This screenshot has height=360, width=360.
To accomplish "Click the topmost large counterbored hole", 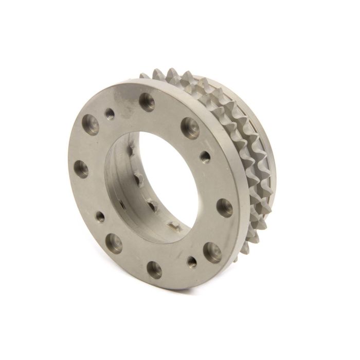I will coord(147,102).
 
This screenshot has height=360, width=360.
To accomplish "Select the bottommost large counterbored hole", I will coord(154,269).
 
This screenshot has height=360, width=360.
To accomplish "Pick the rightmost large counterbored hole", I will coord(224,207).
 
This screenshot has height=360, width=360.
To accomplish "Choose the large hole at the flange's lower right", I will coord(212,252).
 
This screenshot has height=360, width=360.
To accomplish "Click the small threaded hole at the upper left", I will coord(110,114).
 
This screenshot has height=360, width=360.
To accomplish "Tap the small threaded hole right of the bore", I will coord(205,156).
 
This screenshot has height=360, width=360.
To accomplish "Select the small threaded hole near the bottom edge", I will coord(191,262).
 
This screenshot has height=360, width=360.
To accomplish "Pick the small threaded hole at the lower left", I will coord(100,217).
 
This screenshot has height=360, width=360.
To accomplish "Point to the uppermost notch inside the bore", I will coord(131,150).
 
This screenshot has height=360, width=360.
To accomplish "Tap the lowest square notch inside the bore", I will coord(174,226).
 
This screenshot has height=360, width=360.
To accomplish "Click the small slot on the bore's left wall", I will coord(122,205).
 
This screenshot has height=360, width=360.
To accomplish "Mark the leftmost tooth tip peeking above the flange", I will coord(145,76).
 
